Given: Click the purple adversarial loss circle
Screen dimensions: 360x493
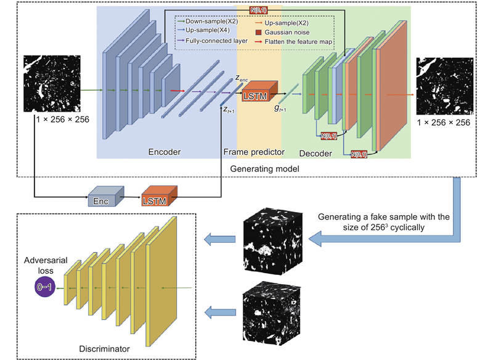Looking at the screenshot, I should point(47,287).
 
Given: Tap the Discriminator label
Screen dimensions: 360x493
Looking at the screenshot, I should point(105,349).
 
